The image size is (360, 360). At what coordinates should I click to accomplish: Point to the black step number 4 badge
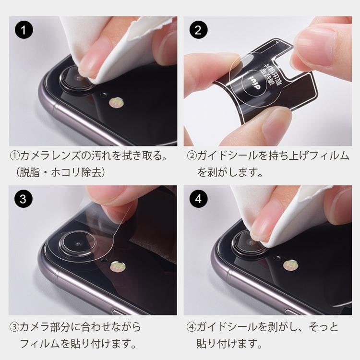[x=198, y=199]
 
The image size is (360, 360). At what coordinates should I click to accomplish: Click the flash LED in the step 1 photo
[x=116, y=102]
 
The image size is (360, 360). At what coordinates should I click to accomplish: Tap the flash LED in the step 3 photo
[x=116, y=265]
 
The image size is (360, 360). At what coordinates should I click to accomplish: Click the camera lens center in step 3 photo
[x=78, y=244]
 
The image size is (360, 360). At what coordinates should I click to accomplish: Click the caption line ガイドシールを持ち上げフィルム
[x=269, y=156]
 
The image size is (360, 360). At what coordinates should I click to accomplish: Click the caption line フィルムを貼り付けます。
[x=77, y=344]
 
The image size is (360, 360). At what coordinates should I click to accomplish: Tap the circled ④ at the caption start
[x=192, y=327]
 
